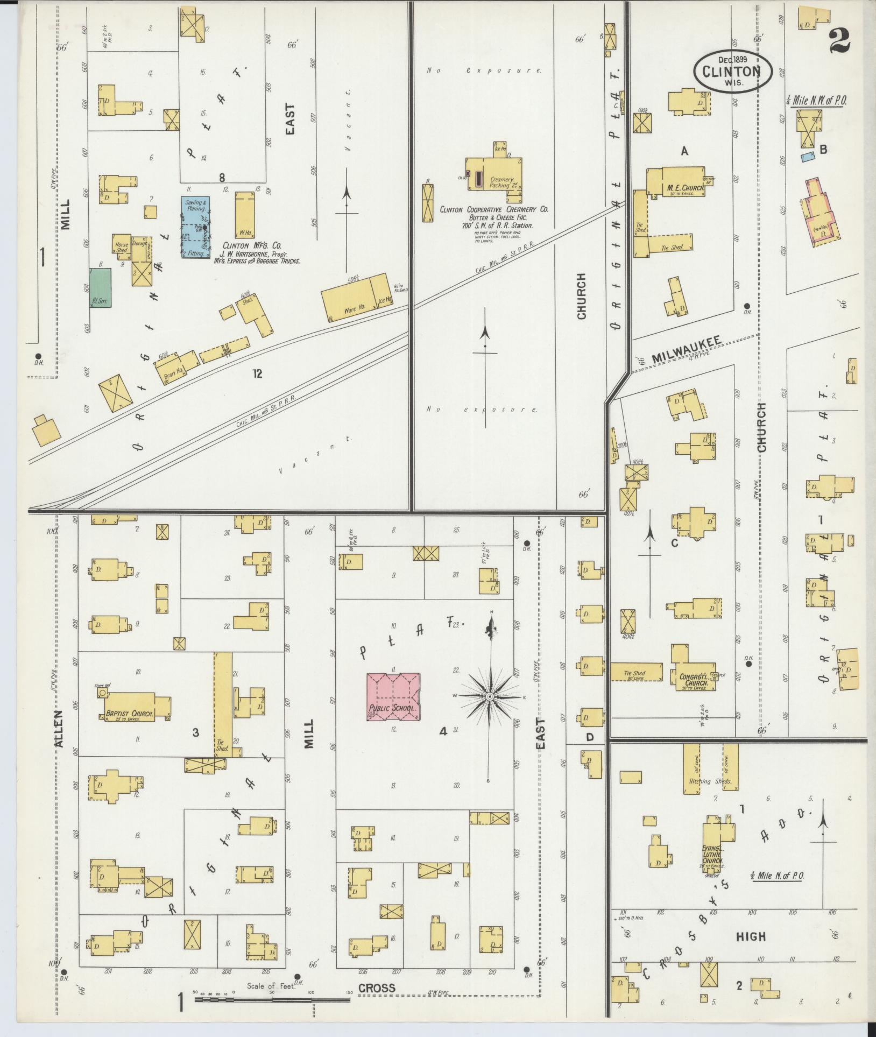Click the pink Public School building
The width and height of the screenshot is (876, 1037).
(x=393, y=696)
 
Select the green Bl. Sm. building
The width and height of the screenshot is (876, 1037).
(x=101, y=288)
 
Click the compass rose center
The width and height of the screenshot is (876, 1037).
(x=490, y=697)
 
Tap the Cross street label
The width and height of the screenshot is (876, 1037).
(x=377, y=988)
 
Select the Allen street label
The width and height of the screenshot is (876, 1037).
(x=58, y=729)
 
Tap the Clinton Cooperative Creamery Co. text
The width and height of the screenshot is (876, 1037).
(x=493, y=210)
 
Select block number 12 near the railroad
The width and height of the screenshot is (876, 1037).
(x=257, y=373)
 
